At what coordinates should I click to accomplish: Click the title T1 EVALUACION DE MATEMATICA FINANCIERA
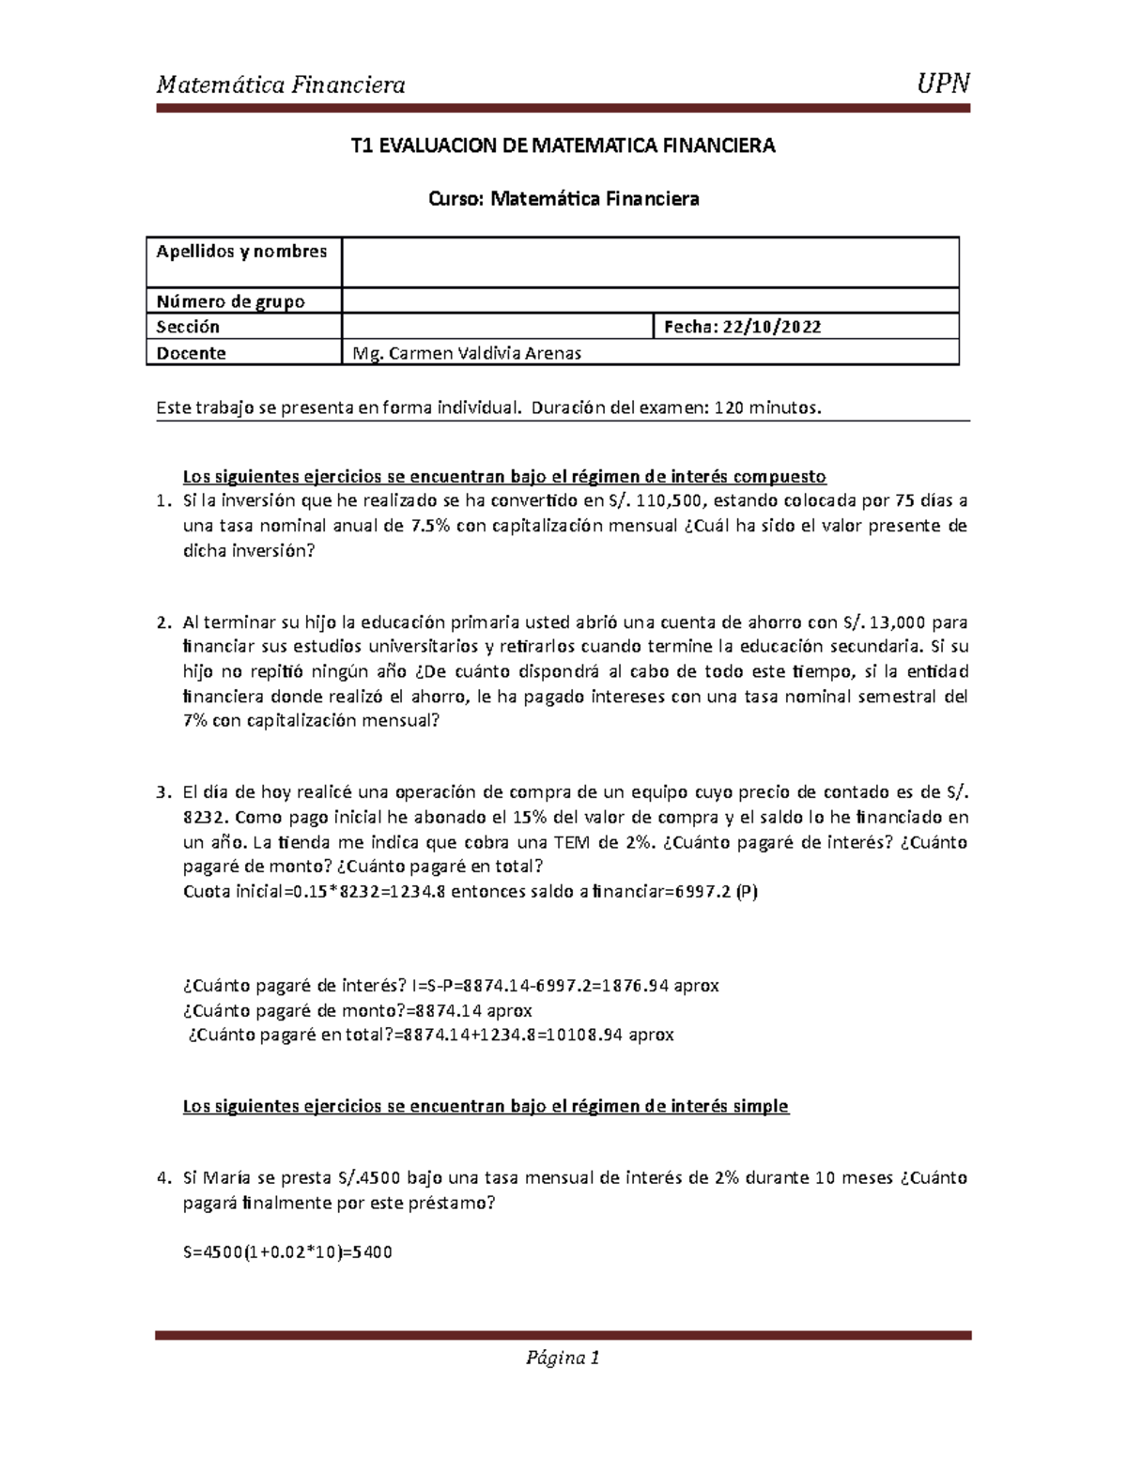(x=563, y=146)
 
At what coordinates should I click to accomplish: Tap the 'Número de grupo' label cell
(x=230, y=301)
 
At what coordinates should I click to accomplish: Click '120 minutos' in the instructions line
(x=767, y=407)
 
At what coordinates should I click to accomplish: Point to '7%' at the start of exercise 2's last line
(x=196, y=721)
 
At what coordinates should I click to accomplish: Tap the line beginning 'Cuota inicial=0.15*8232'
(x=470, y=891)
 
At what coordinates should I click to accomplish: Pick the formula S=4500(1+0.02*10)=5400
(x=287, y=1252)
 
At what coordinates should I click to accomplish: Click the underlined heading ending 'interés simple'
(x=486, y=1106)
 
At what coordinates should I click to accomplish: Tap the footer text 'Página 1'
(x=563, y=1358)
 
